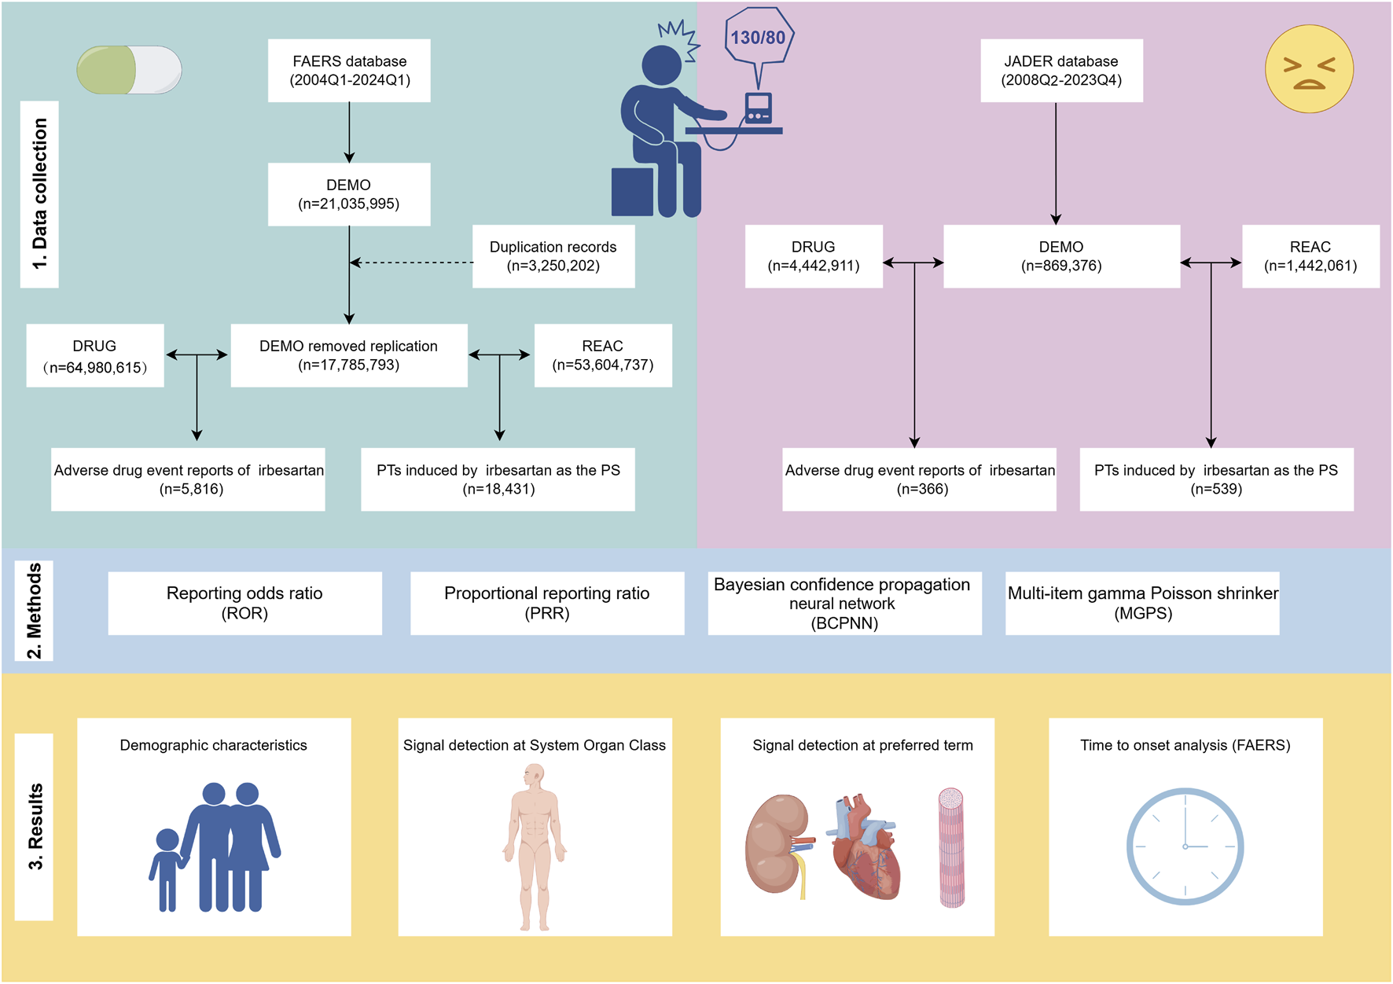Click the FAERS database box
point(349,71)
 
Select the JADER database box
point(1061,71)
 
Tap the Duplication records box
point(553,256)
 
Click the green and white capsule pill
point(130,70)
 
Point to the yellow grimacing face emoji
point(1309,68)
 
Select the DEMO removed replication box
point(349,355)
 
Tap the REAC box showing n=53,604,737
point(603,355)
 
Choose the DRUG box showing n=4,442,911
point(814,256)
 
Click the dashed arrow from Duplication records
point(411,263)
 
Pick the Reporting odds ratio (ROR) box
point(244,603)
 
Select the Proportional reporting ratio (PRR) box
point(547,603)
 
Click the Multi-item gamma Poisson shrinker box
point(1142,603)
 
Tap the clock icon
point(1185,846)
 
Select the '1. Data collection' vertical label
point(39,194)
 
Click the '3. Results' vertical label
point(35,827)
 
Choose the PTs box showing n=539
point(1216,479)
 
